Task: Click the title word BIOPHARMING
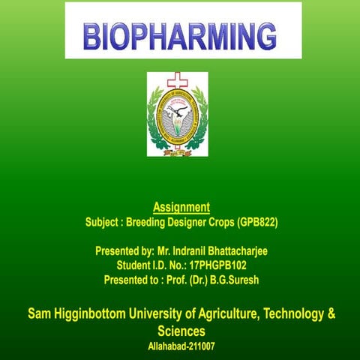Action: [x=179, y=34]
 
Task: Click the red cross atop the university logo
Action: [x=177, y=79]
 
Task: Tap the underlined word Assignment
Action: [x=181, y=206]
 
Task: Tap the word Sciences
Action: [x=181, y=331]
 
